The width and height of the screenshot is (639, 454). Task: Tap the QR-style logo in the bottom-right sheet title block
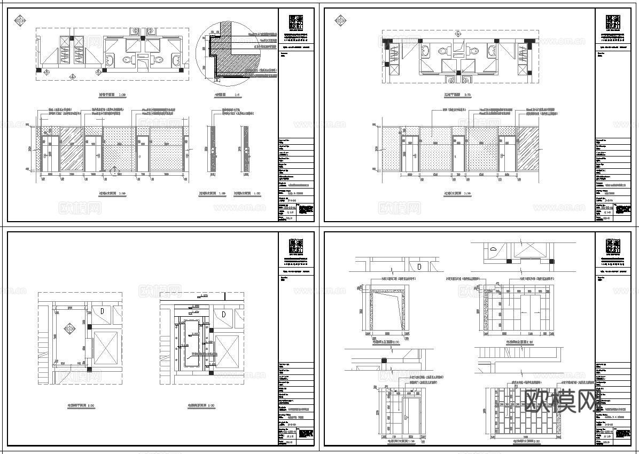click(613, 247)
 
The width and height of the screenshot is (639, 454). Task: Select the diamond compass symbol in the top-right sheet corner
click(340, 21)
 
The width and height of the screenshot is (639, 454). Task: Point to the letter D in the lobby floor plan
click(102, 311)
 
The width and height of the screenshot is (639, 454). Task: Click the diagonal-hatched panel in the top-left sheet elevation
click(72, 150)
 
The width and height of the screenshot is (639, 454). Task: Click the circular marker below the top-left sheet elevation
click(113, 171)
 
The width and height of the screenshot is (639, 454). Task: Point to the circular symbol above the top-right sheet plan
click(457, 33)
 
